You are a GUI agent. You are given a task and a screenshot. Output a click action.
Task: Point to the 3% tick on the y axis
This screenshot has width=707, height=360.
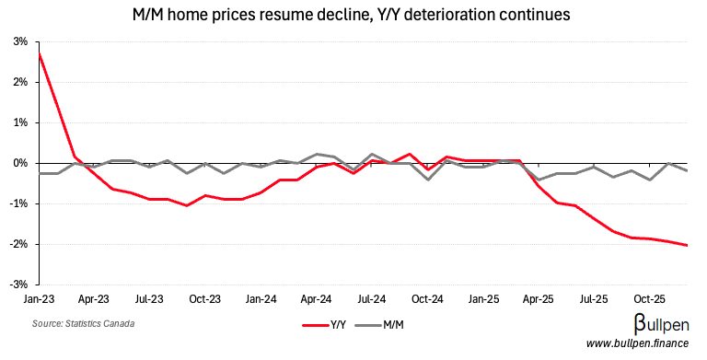coord(19,41)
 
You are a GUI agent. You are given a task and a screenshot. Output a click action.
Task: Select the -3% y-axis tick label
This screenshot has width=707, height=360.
coord(17,285)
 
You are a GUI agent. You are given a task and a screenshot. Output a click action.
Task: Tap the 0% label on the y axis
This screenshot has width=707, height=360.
coord(19,163)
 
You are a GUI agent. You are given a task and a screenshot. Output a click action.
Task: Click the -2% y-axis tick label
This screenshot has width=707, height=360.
coord(17,244)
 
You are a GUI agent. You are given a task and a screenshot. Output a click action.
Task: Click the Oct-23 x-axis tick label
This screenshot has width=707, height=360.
coord(205,299)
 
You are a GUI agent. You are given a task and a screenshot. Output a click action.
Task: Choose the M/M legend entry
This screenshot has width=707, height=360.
coord(384,325)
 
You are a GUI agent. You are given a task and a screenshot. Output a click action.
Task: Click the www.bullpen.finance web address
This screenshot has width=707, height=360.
coord(637,344)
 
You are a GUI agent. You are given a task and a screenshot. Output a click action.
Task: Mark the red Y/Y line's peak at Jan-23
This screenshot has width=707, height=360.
coord(40,53)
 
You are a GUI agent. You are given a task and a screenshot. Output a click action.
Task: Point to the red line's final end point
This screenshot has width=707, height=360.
coord(687,245)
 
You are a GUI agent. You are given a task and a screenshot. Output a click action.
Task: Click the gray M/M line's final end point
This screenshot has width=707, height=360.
coord(687,170)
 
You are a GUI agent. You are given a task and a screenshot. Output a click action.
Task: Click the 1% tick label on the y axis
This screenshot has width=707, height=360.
coord(19,122)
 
